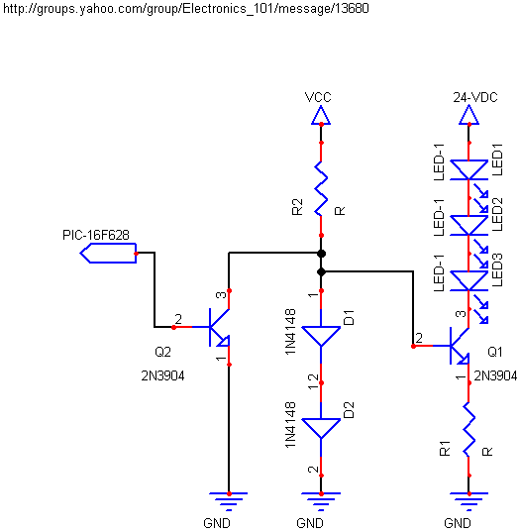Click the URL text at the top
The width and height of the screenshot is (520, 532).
[186, 9]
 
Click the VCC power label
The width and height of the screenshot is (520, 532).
[318, 97]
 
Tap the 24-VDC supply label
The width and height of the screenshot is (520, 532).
[475, 98]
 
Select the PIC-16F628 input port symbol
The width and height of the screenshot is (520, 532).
[108, 253]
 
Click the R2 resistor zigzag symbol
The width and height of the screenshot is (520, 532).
[321, 188]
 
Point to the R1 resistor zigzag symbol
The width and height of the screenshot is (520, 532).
[468, 429]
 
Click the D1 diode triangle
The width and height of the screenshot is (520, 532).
[321, 336]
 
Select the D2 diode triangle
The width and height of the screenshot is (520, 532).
[321, 429]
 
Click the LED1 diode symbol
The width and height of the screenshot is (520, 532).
[468, 170]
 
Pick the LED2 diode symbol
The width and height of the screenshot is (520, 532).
[468, 226]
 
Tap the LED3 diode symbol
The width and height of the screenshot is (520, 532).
[468, 281]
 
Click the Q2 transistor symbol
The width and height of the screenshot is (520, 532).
[219, 327]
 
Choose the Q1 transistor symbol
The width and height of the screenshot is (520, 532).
[460, 346]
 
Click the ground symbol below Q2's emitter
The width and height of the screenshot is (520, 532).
[229, 501]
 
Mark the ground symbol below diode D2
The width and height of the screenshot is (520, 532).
[321, 501]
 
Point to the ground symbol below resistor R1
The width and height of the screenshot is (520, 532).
[468, 501]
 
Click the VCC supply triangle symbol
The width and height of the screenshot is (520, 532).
[321, 115]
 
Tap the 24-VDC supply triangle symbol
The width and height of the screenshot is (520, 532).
[468, 115]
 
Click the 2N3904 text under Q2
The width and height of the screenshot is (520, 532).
[162, 375]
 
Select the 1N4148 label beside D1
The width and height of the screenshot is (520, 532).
[290, 332]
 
